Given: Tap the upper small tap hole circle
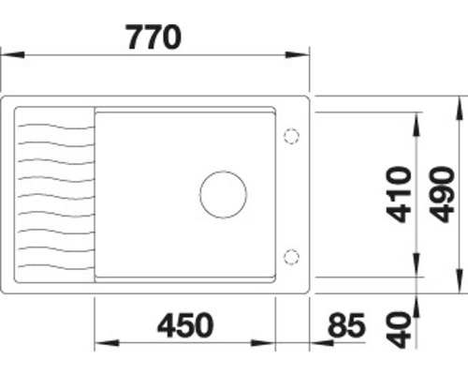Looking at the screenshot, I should [x=290, y=137].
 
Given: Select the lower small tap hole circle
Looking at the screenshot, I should [x=290, y=255].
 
